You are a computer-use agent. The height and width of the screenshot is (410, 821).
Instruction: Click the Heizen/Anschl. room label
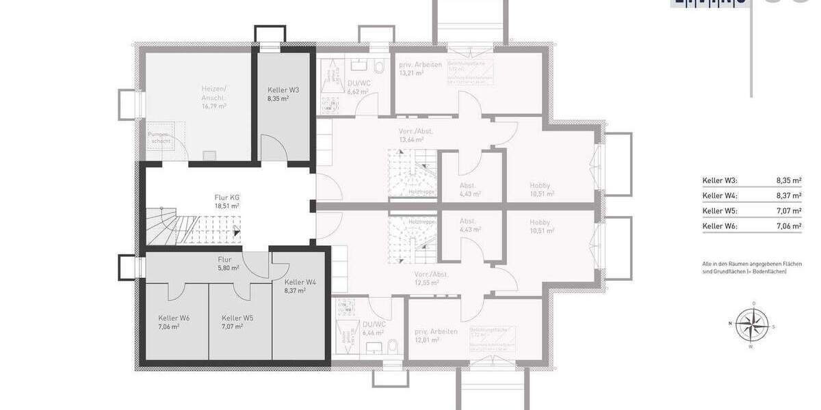(x=213, y=93)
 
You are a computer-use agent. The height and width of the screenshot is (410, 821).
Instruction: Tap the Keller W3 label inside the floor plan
(x=283, y=90)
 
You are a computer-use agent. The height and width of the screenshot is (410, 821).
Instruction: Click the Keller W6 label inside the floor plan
(x=174, y=318)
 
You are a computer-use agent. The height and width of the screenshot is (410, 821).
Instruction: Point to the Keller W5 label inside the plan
(x=237, y=318)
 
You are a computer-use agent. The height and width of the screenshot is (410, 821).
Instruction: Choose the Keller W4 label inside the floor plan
(x=300, y=282)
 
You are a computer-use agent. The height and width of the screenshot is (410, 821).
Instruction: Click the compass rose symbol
(x=753, y=324)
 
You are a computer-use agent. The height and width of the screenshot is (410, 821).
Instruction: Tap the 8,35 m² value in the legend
(x=788, y=181)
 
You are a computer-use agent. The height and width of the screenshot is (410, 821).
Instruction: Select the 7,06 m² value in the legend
(x=788, y=225)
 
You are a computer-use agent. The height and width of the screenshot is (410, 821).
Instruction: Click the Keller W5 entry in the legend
(x=719, y=210)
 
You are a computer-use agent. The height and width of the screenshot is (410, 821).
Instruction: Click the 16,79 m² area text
(x=213, y=106)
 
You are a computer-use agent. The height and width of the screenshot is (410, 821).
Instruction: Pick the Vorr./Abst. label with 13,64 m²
(x=415, y=131)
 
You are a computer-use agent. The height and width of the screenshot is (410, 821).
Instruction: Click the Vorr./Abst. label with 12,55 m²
(x=431, y=274)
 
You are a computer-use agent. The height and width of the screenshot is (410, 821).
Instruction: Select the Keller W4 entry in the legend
(x=719, y=195)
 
